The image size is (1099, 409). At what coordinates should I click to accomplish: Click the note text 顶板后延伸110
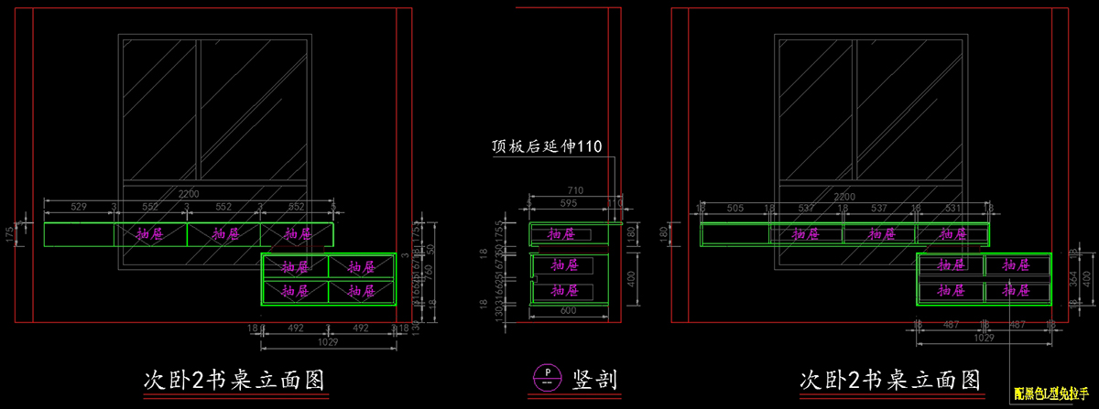[546, 147]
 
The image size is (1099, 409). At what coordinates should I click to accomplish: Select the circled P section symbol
[547, 376]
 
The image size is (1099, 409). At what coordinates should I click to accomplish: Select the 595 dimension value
[569, 203]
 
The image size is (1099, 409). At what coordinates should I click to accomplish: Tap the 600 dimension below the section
[569, 312]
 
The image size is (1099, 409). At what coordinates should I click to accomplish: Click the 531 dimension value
[952, 209]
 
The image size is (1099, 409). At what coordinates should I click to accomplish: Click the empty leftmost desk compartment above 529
[79, 234]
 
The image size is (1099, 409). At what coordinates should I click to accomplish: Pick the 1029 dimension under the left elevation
[329, 343]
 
